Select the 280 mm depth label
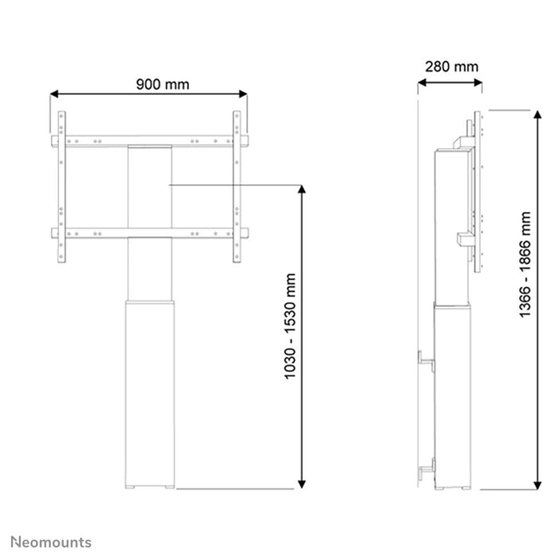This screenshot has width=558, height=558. pyautogui.click(x=451, y=67)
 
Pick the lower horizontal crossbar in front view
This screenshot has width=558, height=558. pyautogui.click(x=150, y=234)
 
